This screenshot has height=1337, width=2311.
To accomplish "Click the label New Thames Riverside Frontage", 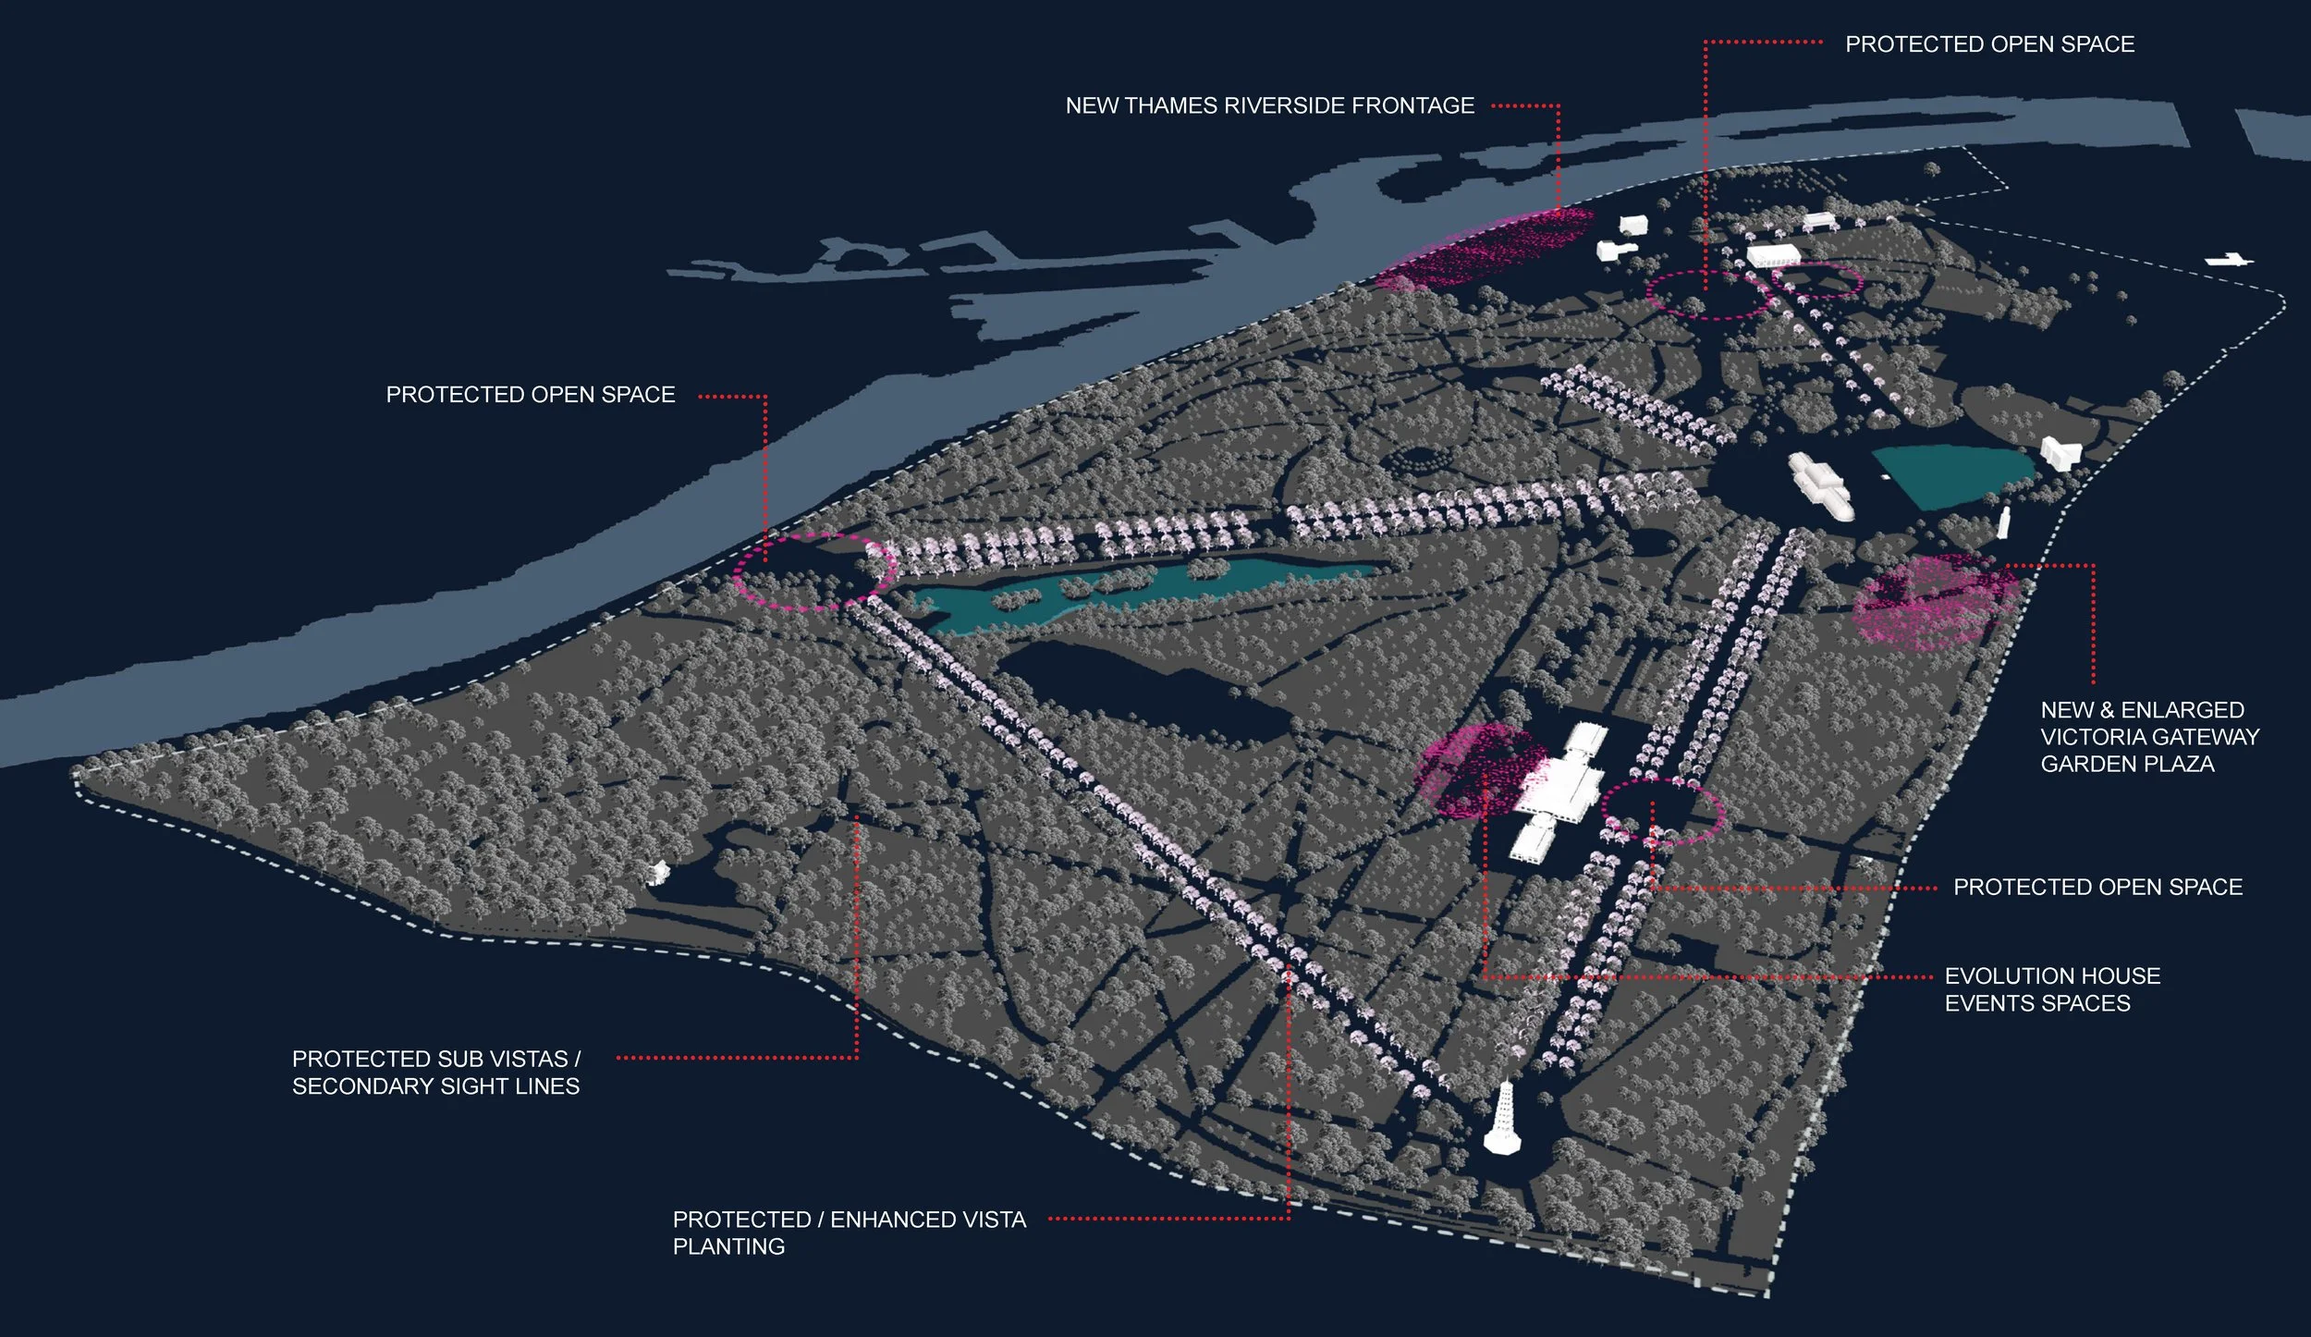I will click(x=1269, y=105).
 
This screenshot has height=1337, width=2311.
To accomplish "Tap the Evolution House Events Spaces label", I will click(x=2052, y=989).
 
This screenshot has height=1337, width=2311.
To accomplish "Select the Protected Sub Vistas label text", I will click(x=436, y=1072).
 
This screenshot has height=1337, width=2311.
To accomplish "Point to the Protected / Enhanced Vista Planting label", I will click(x=849, y=1233).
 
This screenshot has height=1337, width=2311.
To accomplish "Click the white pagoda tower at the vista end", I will click(x=1502, y=1121).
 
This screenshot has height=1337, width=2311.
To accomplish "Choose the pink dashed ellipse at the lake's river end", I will click(x=813, y=570).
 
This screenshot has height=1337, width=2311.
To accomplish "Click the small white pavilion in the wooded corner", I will click(x=658, y=871).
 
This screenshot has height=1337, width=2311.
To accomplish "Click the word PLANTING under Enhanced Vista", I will click(x=728, y=1246).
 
